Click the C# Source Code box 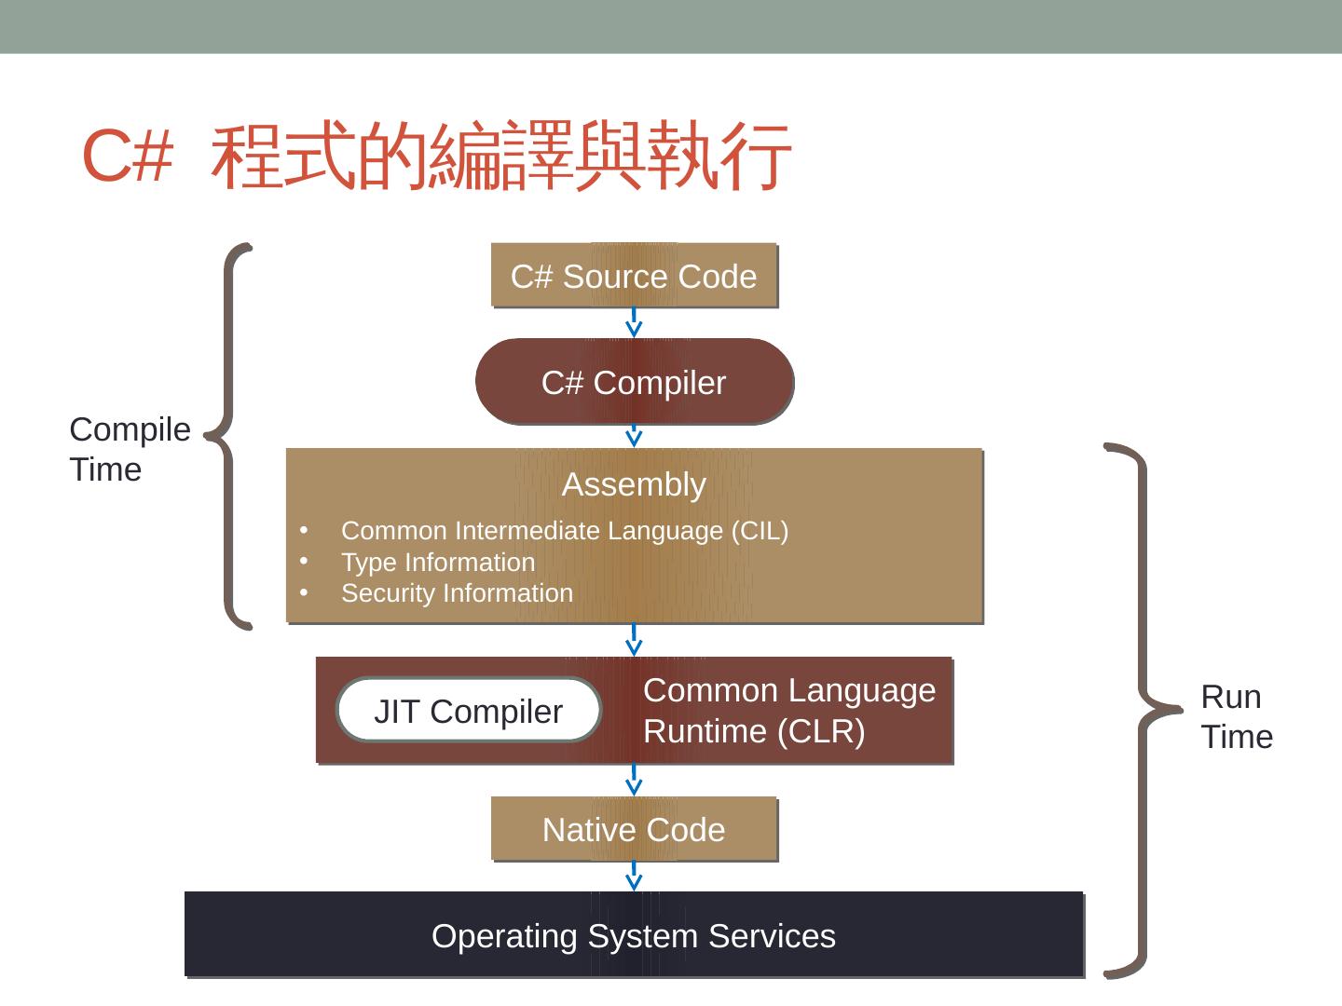coord(634,276)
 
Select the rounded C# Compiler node coord(634,382)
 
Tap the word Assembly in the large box coord(634,484)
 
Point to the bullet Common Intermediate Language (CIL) coord(564,531)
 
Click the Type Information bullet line coord(438,563)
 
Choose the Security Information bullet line coord(457,593)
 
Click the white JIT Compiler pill coord(468,711)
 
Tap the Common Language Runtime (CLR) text coord(788,711)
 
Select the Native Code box coord(634,829)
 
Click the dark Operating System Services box coord(634,935)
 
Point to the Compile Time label coord(130,449)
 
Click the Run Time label coord(1236,716)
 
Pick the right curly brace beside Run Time coord(1139,710)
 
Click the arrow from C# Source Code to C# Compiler coord(634,322)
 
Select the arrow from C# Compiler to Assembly coord(634,436)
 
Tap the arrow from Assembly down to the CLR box coord(634,640)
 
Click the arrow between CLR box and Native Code coord(634,780)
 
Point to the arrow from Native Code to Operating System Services coord(634,876)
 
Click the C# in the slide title coord(128,156)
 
